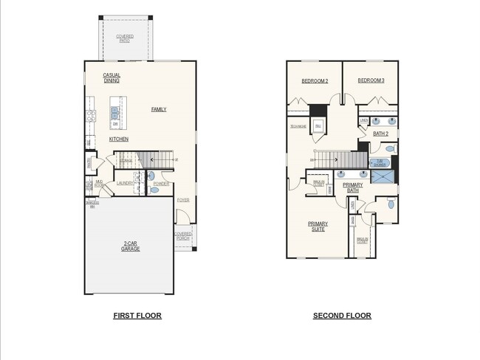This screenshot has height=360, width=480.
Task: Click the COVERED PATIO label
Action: (x=125, y=38)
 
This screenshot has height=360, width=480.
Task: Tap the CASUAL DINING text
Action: (x=112, y=78)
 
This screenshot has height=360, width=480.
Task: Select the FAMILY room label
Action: (x=159, y=109)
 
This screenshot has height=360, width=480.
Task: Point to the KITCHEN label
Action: (x=119, y=139)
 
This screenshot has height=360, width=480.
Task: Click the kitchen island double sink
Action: (x=115, y=113)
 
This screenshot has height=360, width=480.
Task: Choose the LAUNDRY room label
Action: (x=124, y=183)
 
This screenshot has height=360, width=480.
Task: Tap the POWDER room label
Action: (x=162, y=183)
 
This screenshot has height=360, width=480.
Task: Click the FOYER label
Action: (x=182, y=200)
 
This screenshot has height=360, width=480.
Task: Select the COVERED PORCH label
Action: (x=182, y=236)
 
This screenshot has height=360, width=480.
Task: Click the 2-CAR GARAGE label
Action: (x=130, y=246)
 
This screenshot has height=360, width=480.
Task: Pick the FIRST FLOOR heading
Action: (x=137, y=316)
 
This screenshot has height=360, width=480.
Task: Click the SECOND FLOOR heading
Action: (x=342, y=316)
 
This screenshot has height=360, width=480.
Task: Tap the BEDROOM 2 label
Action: (x=315, y=80)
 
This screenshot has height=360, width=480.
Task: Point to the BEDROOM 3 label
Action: (x=371, y=80)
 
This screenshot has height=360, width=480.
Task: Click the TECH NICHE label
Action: (x=298, y=126)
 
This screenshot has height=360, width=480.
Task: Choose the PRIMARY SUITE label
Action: (x=318, y=226)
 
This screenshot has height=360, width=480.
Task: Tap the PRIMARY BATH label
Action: (x=352, y=187)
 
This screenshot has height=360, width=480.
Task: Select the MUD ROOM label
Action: (x=99, y=182)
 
